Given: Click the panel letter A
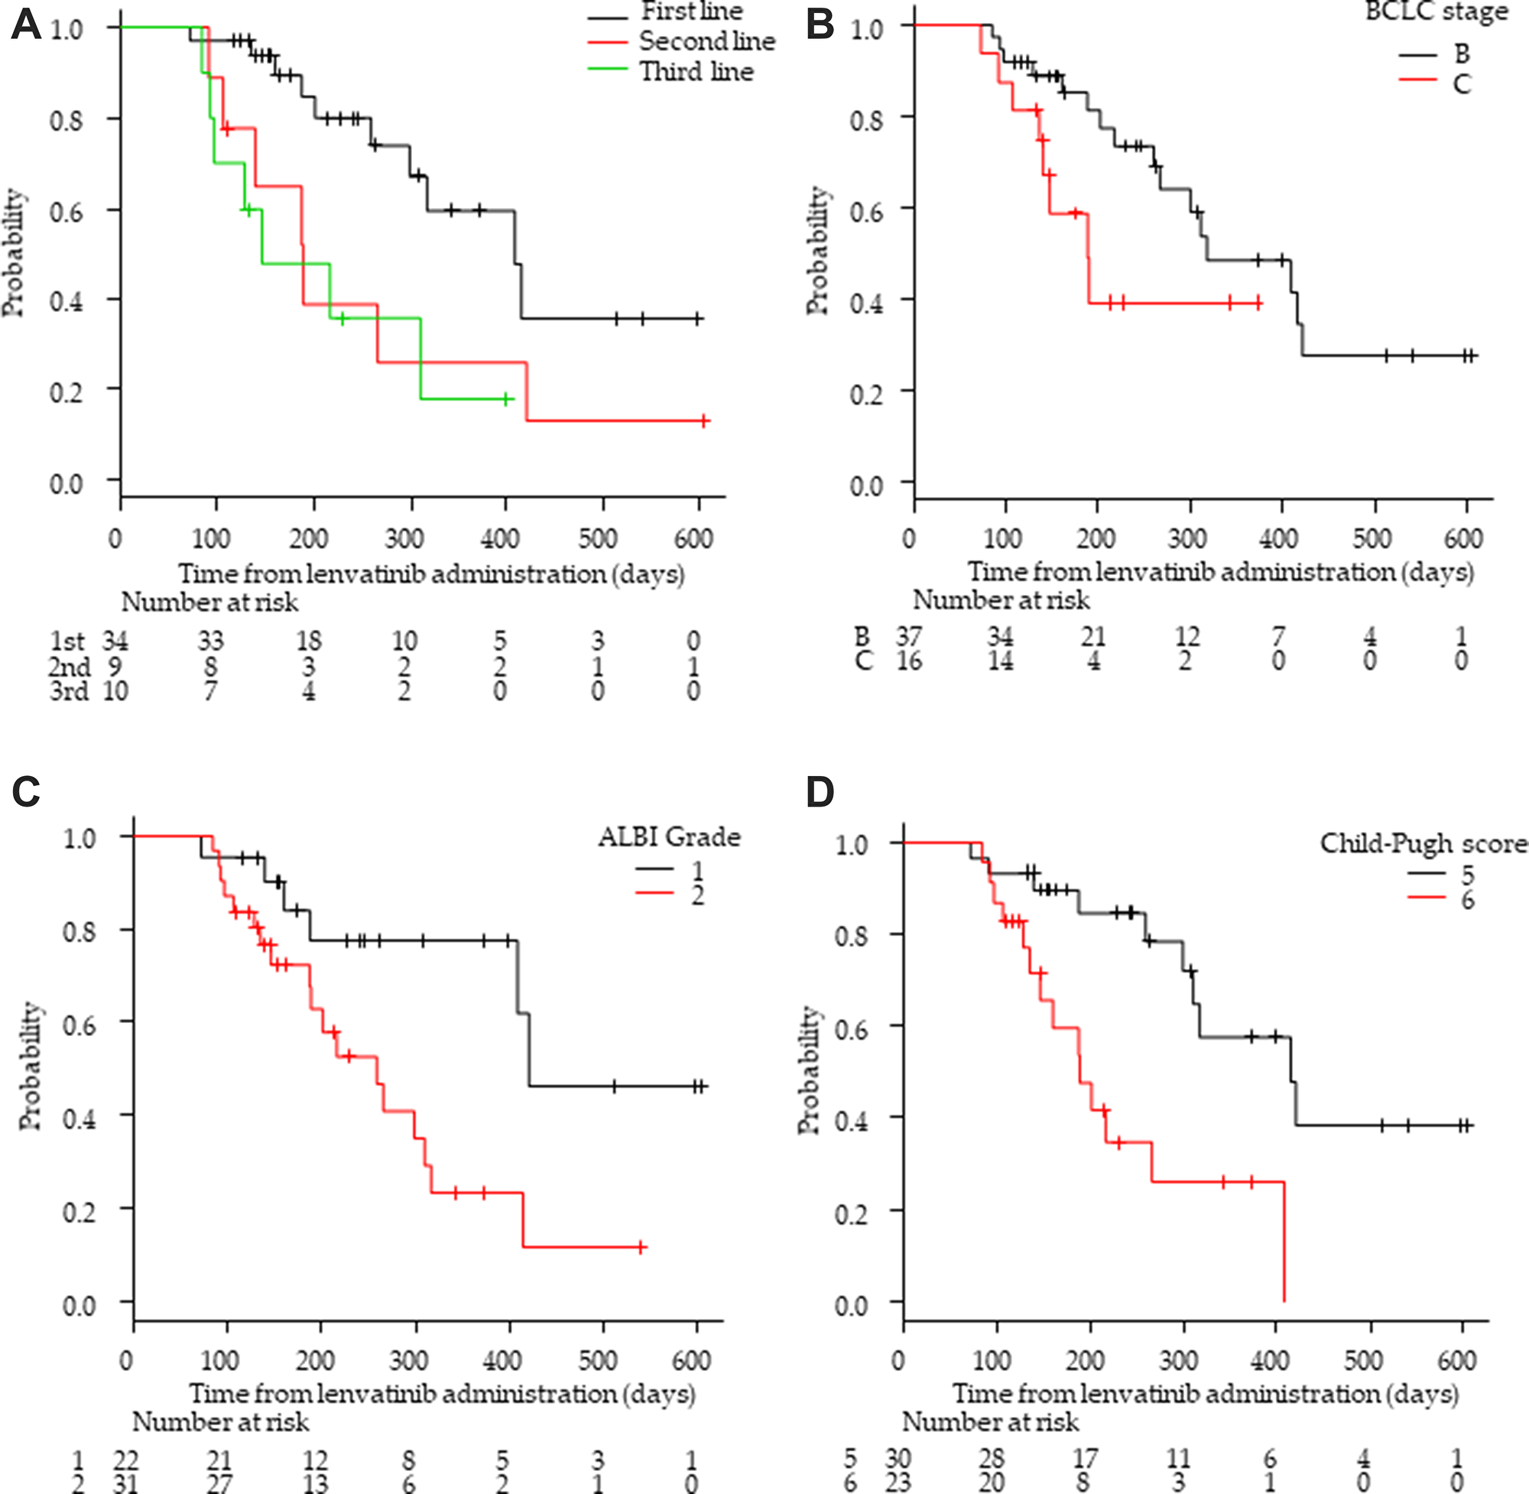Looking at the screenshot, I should point(25,25).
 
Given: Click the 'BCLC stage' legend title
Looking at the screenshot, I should point(1436,12).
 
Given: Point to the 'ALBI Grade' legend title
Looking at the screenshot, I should point(669,837).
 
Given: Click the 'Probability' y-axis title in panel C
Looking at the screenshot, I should point(30,1065).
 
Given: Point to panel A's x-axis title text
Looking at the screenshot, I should point(430,573).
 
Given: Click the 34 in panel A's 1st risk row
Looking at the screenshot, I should point(115,641).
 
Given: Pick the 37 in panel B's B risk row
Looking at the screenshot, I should point(908,636).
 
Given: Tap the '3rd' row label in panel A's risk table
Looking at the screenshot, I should point(69,691).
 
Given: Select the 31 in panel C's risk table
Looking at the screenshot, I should point(125,1484).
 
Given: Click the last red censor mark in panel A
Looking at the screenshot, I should point(703,421).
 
